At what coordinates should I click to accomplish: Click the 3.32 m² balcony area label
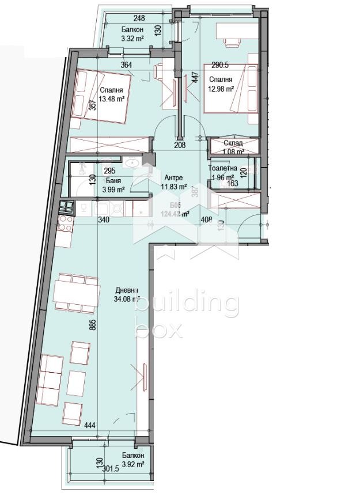[x=132, y=39]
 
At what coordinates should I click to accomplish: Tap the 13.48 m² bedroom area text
[x=112, y=99]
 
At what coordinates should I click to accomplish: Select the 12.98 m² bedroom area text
[x=221, y=89]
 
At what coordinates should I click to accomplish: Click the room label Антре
[x=173, y=177]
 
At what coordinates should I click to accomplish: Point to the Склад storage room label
[x=233, y=143]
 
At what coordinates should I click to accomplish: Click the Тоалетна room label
[x=222, y=168]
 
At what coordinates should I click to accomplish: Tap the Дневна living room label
[x=126, y=290]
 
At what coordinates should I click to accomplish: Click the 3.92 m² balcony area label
[x=132, y=463]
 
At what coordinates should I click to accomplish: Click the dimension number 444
[x=89, y=426]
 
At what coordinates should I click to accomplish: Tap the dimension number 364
[x=126, y=65]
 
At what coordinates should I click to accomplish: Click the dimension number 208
[x=180, y=145]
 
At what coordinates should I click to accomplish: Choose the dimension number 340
[x=104, y=219]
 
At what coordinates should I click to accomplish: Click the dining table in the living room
[x=73, y=294]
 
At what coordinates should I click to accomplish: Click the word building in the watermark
[x=186, y=305]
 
